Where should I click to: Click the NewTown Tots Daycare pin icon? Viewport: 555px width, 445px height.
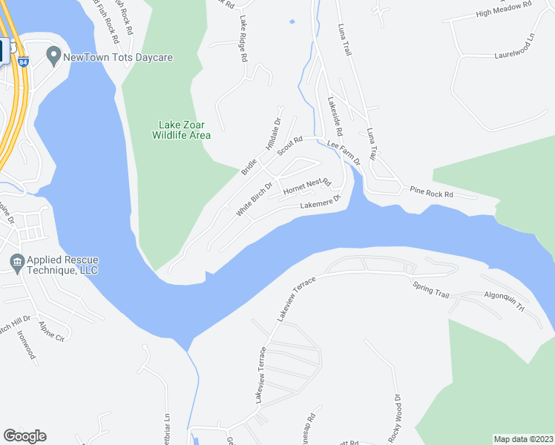53,55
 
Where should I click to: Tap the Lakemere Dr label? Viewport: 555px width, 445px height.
320,202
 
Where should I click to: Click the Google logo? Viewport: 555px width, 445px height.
24,436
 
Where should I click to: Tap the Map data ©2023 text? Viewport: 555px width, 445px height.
523,439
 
